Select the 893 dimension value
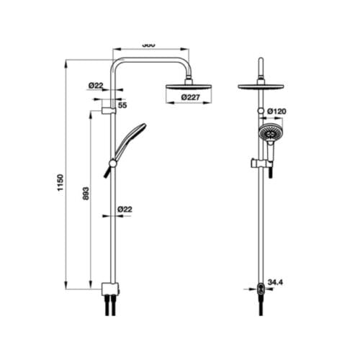[x=86, y=198]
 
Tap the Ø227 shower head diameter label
[x=190, y=96]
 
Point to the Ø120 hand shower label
[x=277, y=111]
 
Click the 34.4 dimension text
[x=275, y=282]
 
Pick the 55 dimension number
[x=122, y=105]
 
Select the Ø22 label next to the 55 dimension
[x=96, y=85]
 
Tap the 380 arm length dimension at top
[x=148, y=45]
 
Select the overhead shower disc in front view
[x=260, y=86]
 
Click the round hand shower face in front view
[x=270, y=132]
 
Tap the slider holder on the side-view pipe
[x=112, y=163]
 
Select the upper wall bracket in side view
[x=108, y=110]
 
